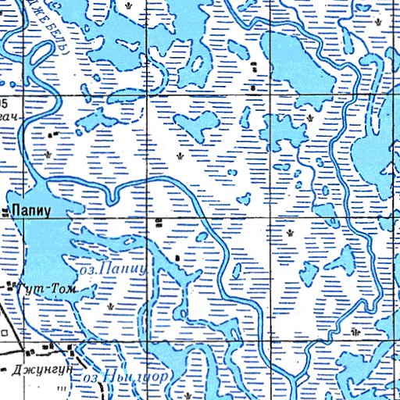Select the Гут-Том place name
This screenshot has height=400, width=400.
[x=47, y=290]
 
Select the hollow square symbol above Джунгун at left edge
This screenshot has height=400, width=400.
[x=4, y=332]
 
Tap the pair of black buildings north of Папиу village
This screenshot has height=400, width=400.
[x=53, y=134]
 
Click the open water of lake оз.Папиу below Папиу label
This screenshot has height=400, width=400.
[x=47, y=242]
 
